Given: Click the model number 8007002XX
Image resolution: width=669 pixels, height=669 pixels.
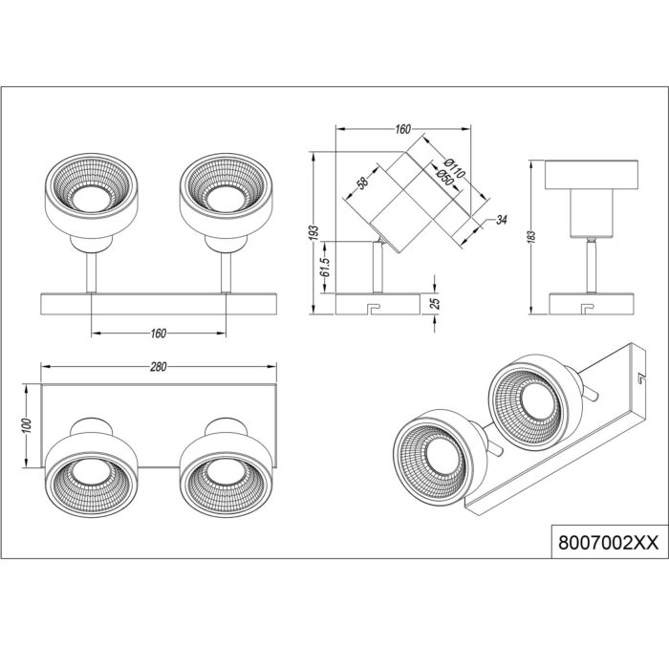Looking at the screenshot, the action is pos(609,543).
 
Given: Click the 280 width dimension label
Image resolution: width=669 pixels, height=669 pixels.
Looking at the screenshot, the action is pos(159,367).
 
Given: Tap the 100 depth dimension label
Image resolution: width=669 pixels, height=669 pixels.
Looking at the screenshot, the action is pos(27,426).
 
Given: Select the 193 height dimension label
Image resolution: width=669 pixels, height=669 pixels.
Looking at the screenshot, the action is pos(314,233).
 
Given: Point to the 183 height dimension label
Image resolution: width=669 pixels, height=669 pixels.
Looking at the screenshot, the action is pos(531,237).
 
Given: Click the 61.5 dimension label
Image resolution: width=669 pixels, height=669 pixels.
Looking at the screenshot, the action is pos(326,267).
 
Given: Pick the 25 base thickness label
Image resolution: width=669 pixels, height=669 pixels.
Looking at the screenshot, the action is pos(435,303).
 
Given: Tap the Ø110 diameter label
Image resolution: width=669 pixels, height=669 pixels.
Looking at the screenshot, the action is pos(454,168).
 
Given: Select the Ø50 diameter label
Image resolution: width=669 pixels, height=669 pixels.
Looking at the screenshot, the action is pos(443,177).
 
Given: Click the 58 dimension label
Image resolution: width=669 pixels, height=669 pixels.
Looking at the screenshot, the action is pos(362,183).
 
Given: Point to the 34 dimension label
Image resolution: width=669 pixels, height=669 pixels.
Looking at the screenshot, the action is pos(502,220).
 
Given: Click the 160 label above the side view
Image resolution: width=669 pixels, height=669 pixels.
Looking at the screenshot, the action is pos(402,129).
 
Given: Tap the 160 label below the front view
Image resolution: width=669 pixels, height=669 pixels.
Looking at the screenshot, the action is pos(159,334).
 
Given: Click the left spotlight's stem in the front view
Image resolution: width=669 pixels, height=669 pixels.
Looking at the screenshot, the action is pos(92,272).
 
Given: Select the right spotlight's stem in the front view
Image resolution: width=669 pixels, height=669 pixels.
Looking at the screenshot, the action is pos(227,272).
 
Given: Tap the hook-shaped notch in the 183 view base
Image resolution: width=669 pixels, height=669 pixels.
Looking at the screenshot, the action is pos(589,308).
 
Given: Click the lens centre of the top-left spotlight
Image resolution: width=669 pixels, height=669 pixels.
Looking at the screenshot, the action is pos(92,199).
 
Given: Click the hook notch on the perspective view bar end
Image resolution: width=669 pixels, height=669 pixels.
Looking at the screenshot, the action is pos(640,378).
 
